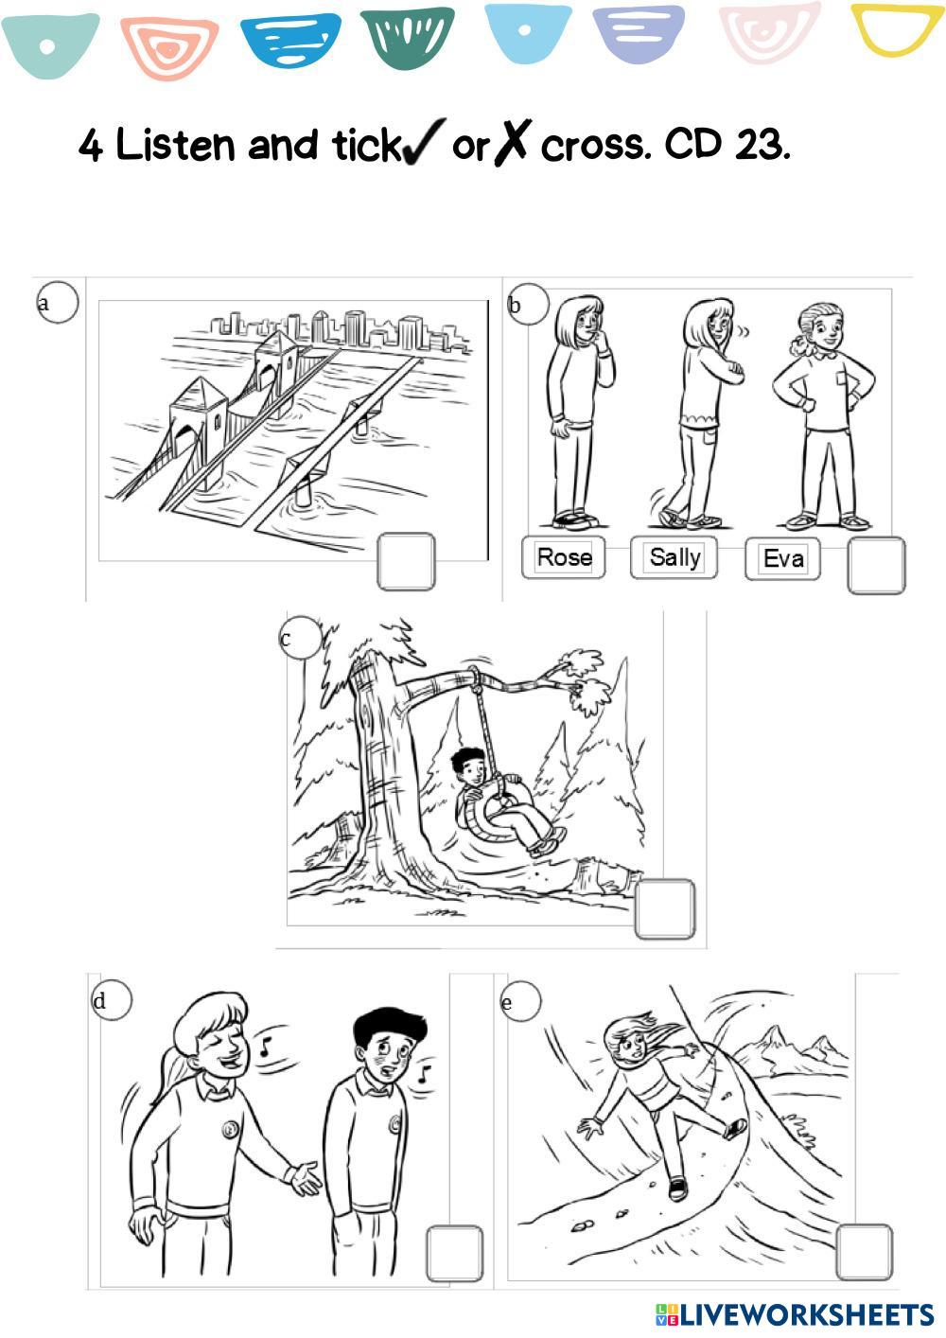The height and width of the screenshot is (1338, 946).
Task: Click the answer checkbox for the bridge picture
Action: click(406, 561)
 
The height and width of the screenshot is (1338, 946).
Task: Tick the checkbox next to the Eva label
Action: click(876, 566)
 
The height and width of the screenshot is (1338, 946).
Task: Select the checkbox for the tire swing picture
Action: click(665, 908)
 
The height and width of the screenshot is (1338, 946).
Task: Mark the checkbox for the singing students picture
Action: click(454, 1253)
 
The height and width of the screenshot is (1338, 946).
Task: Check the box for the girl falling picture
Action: click(865, 1252)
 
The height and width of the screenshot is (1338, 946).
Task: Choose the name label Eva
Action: click(783, 559)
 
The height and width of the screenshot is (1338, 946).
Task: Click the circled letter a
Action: click(58, 302)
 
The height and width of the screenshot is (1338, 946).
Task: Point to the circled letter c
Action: click(301, 638)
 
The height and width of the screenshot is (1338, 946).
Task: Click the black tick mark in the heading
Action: click(424, 142)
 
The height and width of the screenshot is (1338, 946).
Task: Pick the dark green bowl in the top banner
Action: click(408, 37)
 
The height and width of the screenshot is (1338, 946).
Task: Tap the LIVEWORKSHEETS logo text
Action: click(795, 1314)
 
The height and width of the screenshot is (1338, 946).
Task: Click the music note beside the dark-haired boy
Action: click(423, 1075)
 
